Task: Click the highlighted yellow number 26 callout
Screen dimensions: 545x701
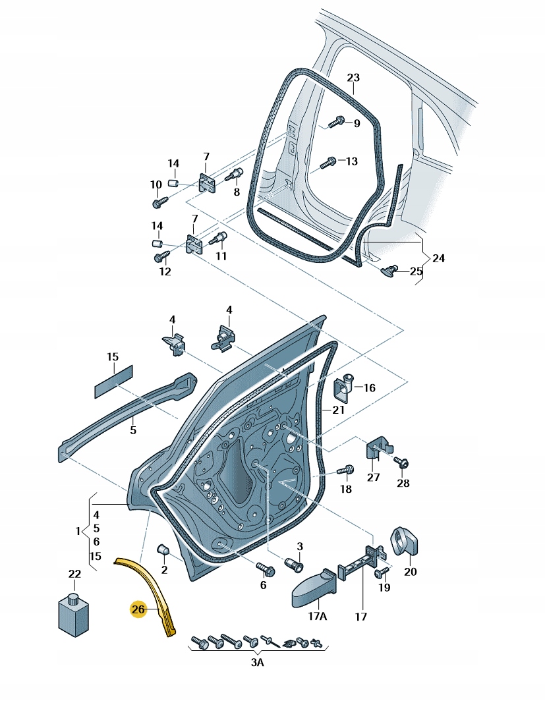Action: (x=138, y=609)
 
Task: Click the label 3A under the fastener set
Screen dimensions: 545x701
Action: (x=257, y=662)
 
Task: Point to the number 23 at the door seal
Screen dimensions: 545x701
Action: (x=353, y=77)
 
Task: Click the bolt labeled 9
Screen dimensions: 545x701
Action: (x=337, y=122)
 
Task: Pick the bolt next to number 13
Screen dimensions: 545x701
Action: (x=328, y=162)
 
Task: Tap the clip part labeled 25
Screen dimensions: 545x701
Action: (x=389, y=270)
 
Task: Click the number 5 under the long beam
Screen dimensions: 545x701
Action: (x=132, y=430)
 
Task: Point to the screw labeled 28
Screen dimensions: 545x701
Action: (x=401, y=462)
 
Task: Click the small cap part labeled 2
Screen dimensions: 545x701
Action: (x=163, y=550)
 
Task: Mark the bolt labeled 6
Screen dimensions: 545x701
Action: (x=266, y=569)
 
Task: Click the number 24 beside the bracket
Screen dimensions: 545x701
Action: (x=438, y=258)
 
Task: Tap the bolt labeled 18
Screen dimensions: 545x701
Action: (x=345, y=469)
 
